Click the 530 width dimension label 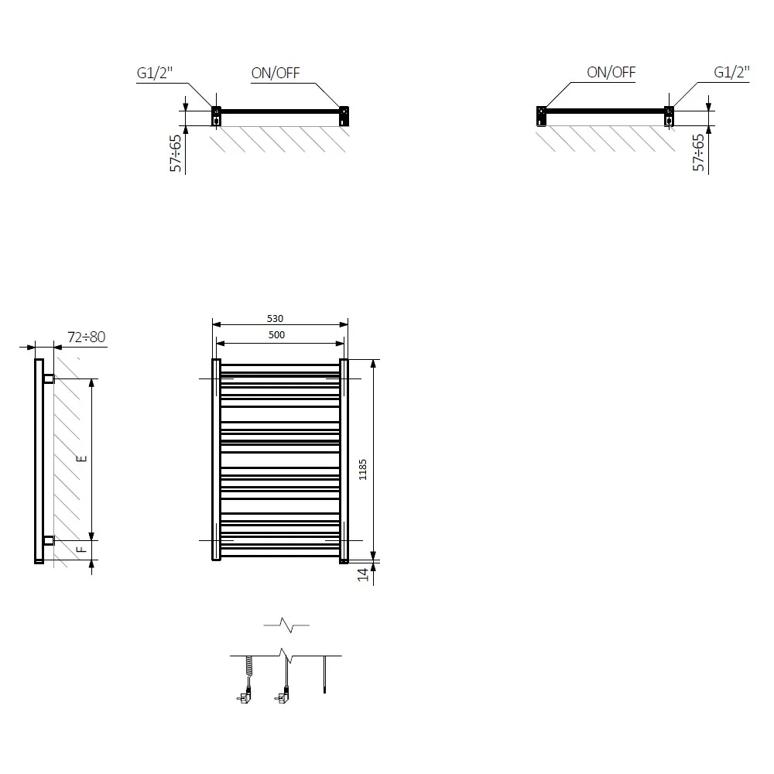275,318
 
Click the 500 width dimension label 276,334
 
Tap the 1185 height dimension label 363,470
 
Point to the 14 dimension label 363,574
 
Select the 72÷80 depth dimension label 87,337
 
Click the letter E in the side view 83,458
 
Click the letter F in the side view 82,550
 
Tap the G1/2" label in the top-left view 155,73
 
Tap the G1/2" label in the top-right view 731,72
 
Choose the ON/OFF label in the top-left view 276,73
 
